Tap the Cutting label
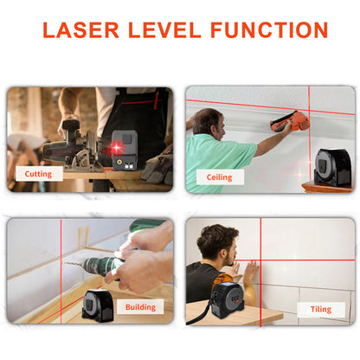coord(38,173)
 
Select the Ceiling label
coord(220,177)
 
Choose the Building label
coord(140,306)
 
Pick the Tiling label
coord(314,309)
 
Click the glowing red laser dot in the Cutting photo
coord(115,150)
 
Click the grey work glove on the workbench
coord(157,165)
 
